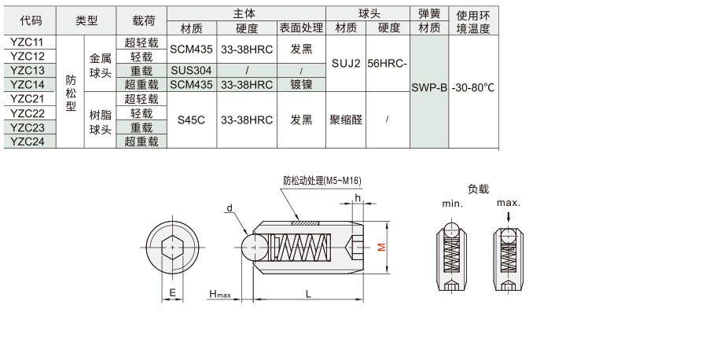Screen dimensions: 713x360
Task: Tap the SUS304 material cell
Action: [x=192, y=71]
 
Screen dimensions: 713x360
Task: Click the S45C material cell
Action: [x=192, y=120]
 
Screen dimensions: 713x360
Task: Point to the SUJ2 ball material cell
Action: [x=346, y=63]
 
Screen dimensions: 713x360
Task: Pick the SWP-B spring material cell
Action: [x=429, y=88]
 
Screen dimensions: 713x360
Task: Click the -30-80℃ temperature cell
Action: [x=473, y=88]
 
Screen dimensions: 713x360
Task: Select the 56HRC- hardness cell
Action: [x=388, y=63]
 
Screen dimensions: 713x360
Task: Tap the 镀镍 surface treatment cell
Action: [x=302, y=85]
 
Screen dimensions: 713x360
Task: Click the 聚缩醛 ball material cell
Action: [x=346, y=120]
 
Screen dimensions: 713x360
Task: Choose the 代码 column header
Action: [x=30, y=20]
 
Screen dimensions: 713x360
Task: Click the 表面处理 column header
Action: [x=302, y=28]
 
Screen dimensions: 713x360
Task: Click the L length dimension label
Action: [x=308, y=294]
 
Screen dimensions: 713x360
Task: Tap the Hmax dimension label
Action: [x=220, y=294]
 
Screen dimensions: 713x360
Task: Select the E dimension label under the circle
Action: [x=172, y=292]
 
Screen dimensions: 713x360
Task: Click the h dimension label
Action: [x=358, y=198]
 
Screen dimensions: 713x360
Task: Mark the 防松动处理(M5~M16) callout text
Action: [x=322, y=181]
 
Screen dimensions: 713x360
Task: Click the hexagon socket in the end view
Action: [x=173, y=248]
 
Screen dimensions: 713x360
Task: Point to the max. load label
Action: [x=509, y=203]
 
